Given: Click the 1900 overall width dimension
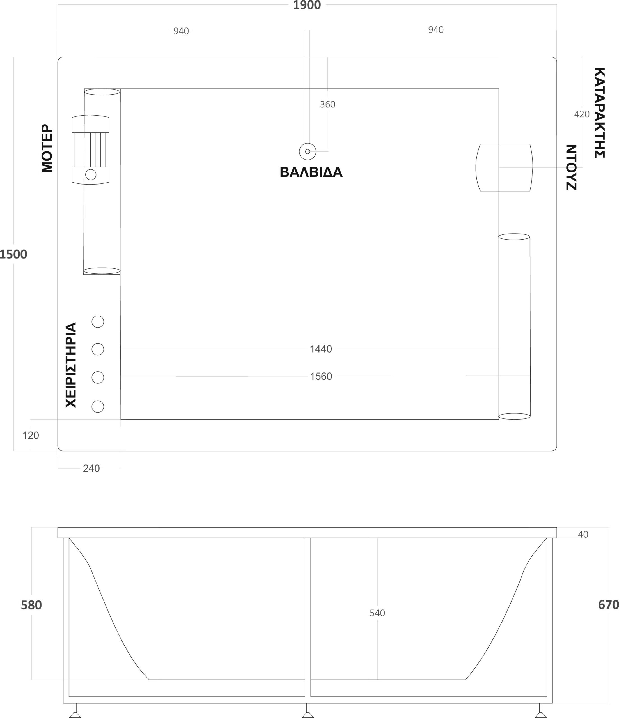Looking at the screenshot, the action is (307, 5).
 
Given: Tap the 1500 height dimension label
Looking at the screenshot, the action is (13, 254).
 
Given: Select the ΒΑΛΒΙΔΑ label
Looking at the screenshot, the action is (311, 172).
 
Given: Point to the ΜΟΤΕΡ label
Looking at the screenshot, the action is (47, 148).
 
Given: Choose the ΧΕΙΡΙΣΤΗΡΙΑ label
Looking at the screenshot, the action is (71, 365).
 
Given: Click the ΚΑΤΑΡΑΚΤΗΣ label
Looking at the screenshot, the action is (599, 113).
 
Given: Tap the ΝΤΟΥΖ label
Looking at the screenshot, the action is (571, 167).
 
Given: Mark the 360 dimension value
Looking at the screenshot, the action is (327, 105).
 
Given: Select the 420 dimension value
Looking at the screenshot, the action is (582, 114).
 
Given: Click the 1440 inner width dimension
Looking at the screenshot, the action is (321, 349).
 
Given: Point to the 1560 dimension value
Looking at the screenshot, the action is (321, 376).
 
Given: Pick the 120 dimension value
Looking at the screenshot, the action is (31, 435).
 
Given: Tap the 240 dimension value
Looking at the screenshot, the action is (91, 468).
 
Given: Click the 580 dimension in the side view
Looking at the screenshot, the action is (31, 605).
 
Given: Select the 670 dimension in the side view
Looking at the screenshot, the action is (608, 605).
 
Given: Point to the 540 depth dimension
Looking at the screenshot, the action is (377, 613).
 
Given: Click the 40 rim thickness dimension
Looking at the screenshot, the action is (583, 535).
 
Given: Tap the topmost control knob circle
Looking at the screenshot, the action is (98, 322).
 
